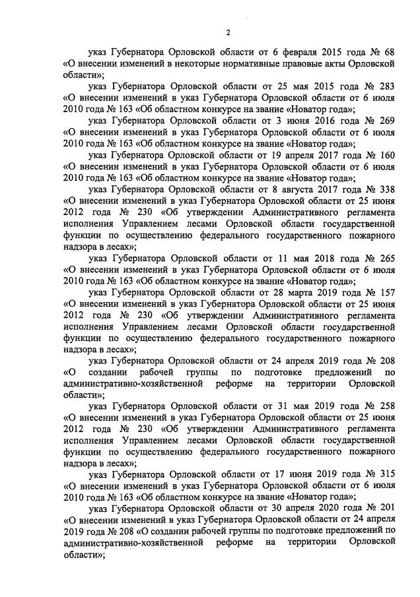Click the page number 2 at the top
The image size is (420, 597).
click(x=228, y=32)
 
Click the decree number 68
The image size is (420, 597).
click(x=389, y=52)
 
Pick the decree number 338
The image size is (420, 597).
click(x=386, y=190)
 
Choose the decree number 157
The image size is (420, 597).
click(x=386, y=294)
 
